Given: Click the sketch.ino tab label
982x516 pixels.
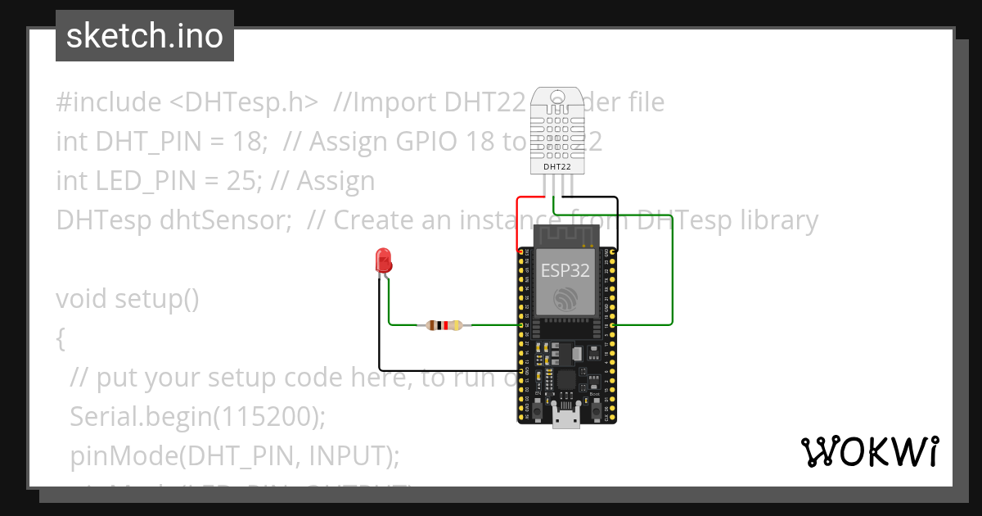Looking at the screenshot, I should (x=144, y=36).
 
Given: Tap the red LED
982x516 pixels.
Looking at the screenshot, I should (x=382, y=261).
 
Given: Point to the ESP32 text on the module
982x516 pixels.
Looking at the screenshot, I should (x=565, y=271).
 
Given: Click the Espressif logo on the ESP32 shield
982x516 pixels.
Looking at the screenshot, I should (x=565, y=299).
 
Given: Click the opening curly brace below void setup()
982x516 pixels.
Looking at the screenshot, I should (x=61, y=338).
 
